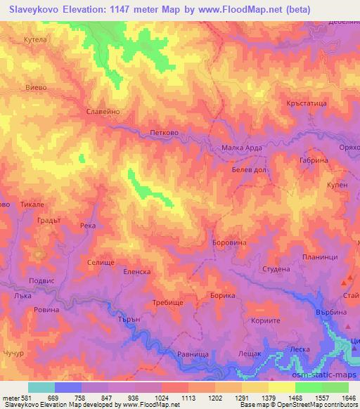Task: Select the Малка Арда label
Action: (242, 148)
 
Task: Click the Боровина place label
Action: (228, 243)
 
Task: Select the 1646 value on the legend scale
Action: (349, 397)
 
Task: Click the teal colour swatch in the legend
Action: (41, 387)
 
